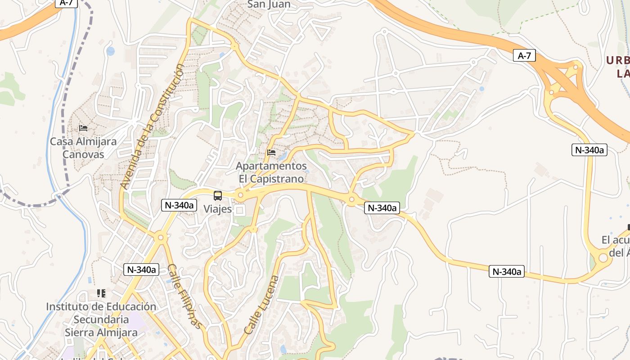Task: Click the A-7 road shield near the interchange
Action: pyautogui.click(x=524, y=56)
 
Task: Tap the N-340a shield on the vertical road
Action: pyautogui.click(x=589, y=150)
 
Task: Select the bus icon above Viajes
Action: pyautogui.click(x=218, y=196)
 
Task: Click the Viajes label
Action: pyautogui.click(x=218, y=209)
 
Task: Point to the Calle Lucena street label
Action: pyautogui.click(x=261, y=305)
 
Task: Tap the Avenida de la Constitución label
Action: pyautogui.click(x=153, y=126)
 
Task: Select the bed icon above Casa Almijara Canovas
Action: pyautogui.click(x=83, y=128)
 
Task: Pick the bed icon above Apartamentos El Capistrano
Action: pyautogui.click(x=271, y=153)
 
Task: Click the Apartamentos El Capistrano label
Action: pyautogui.click(x=271, y=172)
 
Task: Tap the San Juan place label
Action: pyautogui.click(x=269, y=5)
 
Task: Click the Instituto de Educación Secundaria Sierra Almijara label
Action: pyautogui.click(x=101, y=319)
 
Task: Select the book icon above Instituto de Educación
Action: pyautogui.click(x=101, y=293)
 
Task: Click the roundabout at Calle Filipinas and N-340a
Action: pyautogui.click(x=160, y=237)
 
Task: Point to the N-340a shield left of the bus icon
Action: pyautogui.click(x=180, y=205)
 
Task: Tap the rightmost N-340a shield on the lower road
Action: pyautogui.click(x=507, y=271)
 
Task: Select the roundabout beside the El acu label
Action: pyautogui.click(x=603, y=258)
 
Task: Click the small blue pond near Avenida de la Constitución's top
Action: pyautogui.click(x=110, y=51)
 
